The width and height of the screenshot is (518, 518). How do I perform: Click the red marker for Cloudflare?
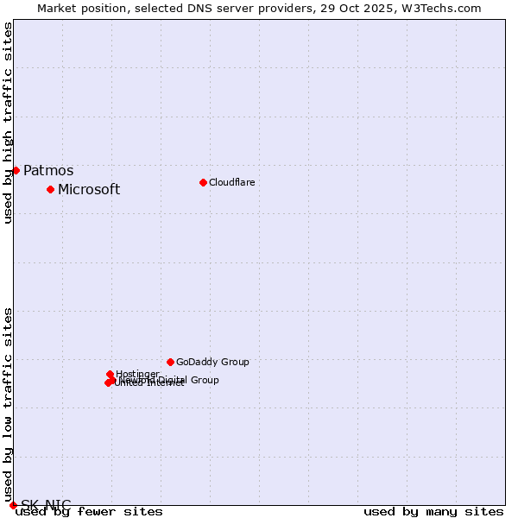203,182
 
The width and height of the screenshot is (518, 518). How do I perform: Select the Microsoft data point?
50,189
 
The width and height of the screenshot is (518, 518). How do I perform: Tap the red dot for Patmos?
16,170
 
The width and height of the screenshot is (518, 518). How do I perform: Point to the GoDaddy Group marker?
170,362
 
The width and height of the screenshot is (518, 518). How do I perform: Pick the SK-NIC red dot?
13,505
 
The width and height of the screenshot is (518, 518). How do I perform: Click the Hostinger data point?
110,374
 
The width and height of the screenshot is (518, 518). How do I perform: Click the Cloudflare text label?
231,182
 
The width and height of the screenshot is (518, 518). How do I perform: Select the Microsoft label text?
89,190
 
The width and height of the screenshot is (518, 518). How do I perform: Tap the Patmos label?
48,171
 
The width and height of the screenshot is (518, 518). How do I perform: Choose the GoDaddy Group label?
212,363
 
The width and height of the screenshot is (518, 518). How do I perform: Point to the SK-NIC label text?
46,505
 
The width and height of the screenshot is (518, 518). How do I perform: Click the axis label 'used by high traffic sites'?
8,123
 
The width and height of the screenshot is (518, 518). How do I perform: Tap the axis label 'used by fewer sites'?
89,511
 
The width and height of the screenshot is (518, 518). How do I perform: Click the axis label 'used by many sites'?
433,511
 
